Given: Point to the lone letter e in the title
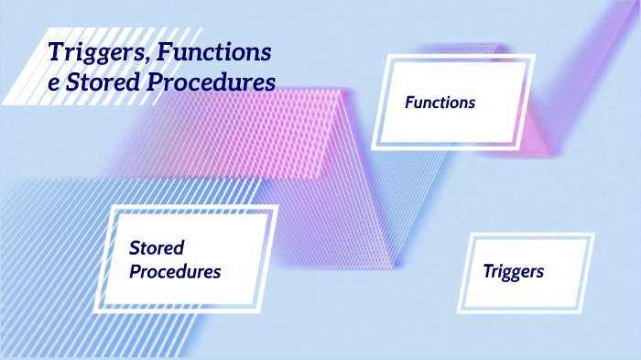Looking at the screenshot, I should pyautogui.click(x=54, y=82).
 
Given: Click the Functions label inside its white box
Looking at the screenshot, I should pyautogui.click(x=440, y=103).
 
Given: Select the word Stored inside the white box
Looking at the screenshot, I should pyautogui.click(x=157, y=248).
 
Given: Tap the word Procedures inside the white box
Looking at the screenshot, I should pyautogui.click(x=175, y=272).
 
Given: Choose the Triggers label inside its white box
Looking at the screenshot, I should pyautogui.click(x=513, y=271).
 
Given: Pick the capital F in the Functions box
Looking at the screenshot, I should pyautogui.click(x=409, y=103).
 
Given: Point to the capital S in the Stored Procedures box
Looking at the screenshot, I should pyautogui.click(x=135, y=248).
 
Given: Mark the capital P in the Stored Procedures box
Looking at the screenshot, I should pyautogui.click(x=136, y=272).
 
